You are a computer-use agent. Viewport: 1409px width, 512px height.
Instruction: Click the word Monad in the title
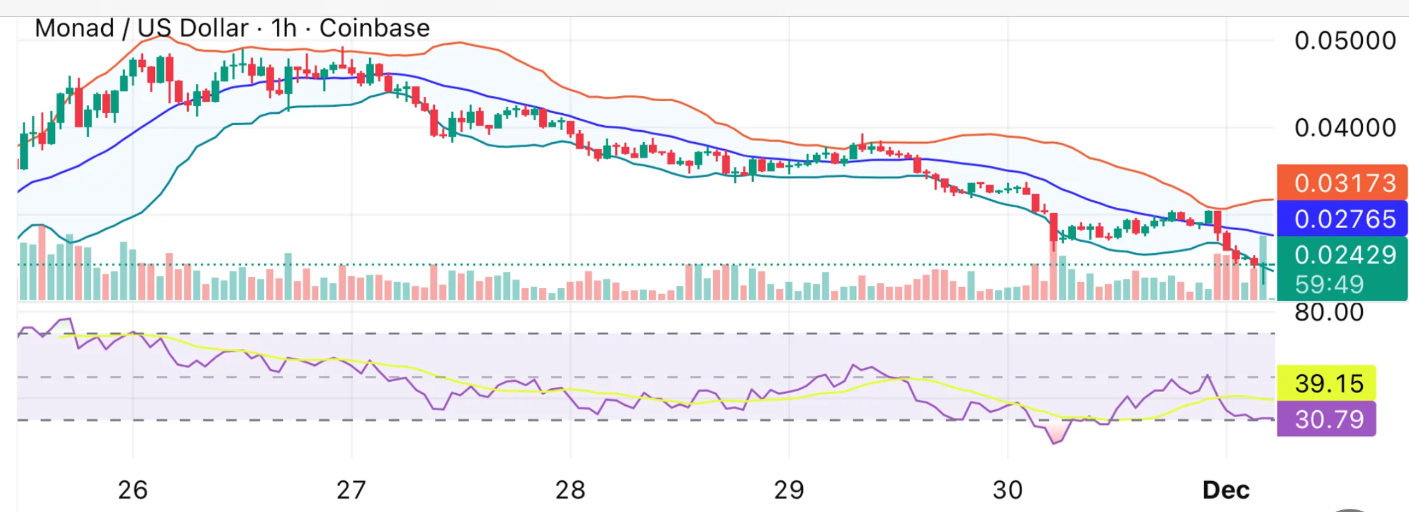tap(75, 28)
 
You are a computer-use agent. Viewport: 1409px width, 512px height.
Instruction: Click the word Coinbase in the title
tap(374, 28)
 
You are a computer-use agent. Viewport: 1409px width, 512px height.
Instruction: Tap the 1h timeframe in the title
tap(284, 28)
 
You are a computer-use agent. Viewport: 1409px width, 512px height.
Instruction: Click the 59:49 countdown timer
tap(1329, 284)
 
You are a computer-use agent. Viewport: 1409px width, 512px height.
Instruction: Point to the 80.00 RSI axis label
tap(1329, 312)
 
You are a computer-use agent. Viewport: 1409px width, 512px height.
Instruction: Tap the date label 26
tap(133, 490)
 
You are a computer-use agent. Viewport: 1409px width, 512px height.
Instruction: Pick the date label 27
tap(351, 490)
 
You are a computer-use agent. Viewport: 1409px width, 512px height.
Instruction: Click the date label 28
tap(570, 490)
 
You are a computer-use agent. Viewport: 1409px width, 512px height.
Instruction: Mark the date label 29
tap(789, 490)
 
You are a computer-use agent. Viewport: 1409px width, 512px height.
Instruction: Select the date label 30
tap(1008, 490)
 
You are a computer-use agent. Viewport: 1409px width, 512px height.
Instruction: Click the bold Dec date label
tap(1226, 490)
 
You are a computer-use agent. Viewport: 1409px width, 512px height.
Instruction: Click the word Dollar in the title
tap(214, 28)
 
